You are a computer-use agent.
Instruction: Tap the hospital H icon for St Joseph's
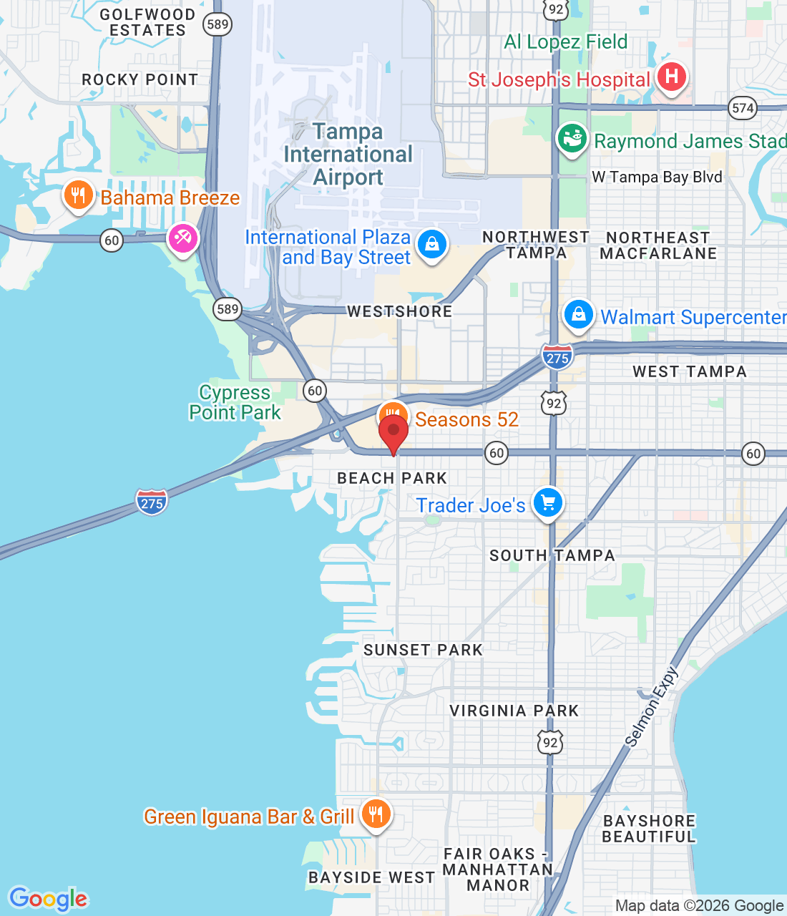tap(671, 77)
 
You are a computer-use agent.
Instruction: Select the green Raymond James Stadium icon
tap(572, 139)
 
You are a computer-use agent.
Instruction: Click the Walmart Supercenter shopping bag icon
tap(578, 314)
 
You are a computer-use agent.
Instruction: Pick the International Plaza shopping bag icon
tap(431, 245)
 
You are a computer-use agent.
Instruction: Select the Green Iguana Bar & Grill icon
tap(376, 814)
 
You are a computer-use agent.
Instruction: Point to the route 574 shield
tap(743, 108)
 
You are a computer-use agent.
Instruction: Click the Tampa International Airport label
tap(348, 155)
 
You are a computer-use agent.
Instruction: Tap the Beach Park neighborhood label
tap(392, 478)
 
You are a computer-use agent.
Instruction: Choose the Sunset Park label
tap(424, 650)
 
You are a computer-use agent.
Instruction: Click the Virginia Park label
tap(514, 711)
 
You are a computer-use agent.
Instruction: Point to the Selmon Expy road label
tap(651, 706)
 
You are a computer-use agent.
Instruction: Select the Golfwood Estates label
tap(147, 23)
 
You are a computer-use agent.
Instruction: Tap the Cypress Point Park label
tap(235, 402)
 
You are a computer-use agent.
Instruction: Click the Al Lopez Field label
tap(565, 42)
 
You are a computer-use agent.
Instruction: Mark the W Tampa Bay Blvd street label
tap(657, 177)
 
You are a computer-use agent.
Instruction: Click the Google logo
tap(48, 899)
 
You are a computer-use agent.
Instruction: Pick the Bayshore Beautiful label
tap(649, 829)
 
